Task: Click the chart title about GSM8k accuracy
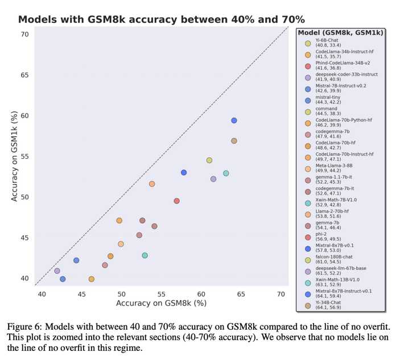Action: pos(162,19)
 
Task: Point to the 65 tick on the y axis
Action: pos(24,75)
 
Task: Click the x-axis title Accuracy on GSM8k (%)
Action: pos(161,304)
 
